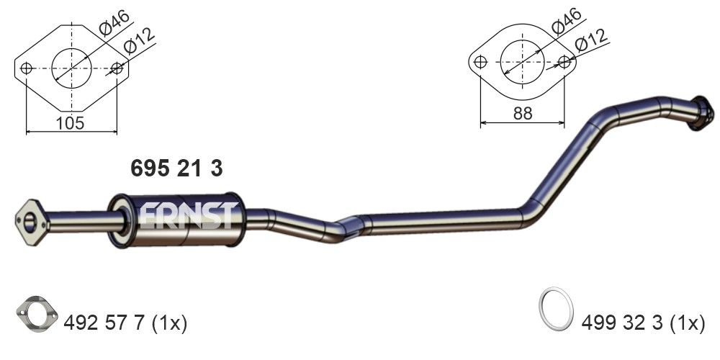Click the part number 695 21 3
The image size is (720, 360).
point(176,168)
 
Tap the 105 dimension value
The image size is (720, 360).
point(70,123)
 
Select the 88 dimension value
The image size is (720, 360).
point(523,113)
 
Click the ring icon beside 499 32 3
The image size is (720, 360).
point(556,308)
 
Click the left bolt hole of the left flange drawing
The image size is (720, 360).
point(27,68)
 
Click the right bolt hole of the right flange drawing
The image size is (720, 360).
point(566,62)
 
